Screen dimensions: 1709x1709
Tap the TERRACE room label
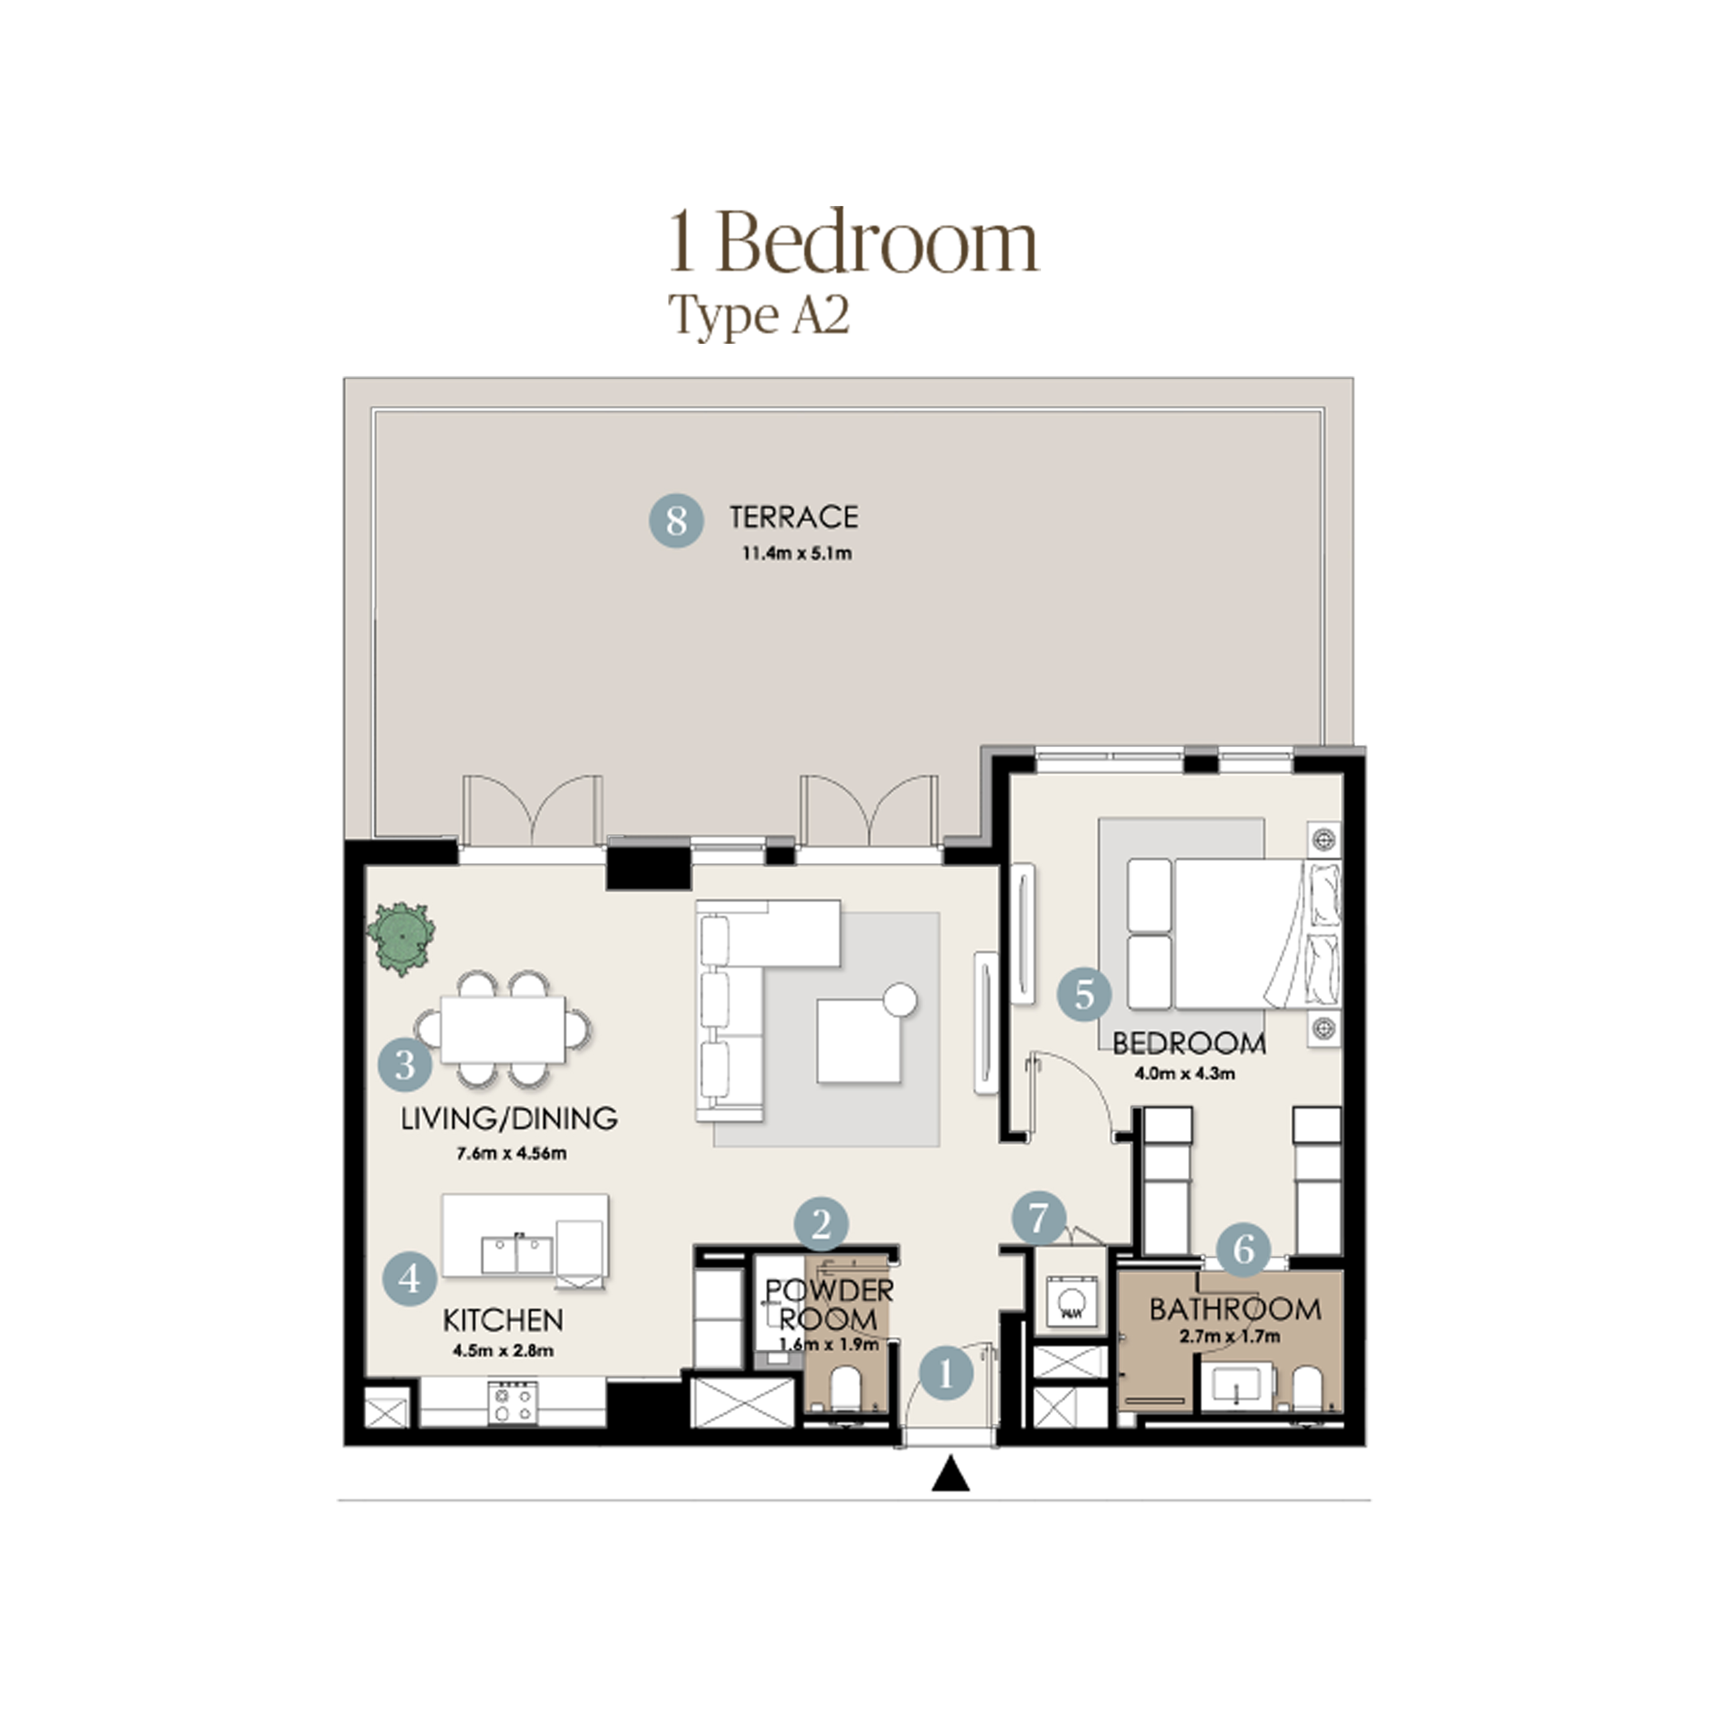pos(793,518)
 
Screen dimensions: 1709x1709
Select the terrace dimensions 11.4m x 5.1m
pos(797,554)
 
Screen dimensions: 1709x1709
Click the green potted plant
pos(401,938)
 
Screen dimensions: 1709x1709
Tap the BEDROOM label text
pos(1189,1044)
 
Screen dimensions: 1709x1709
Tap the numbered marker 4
pos(410,1278)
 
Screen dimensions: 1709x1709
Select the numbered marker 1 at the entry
pos(946,1374)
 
